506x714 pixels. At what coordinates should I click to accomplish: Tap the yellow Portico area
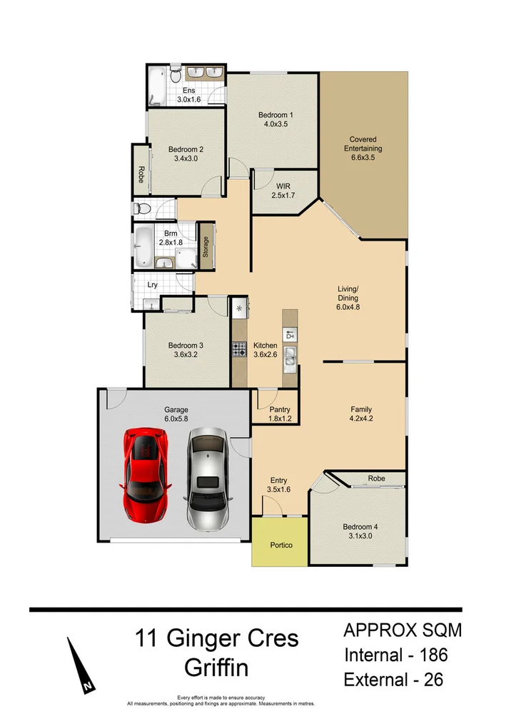(279, 545)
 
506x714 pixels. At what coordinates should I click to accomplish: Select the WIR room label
(283, 186)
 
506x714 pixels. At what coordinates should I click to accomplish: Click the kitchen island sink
(290, 356)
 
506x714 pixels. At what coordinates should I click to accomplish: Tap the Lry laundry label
(153, 284)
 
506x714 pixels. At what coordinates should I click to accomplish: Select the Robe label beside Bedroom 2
(141, 175)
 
